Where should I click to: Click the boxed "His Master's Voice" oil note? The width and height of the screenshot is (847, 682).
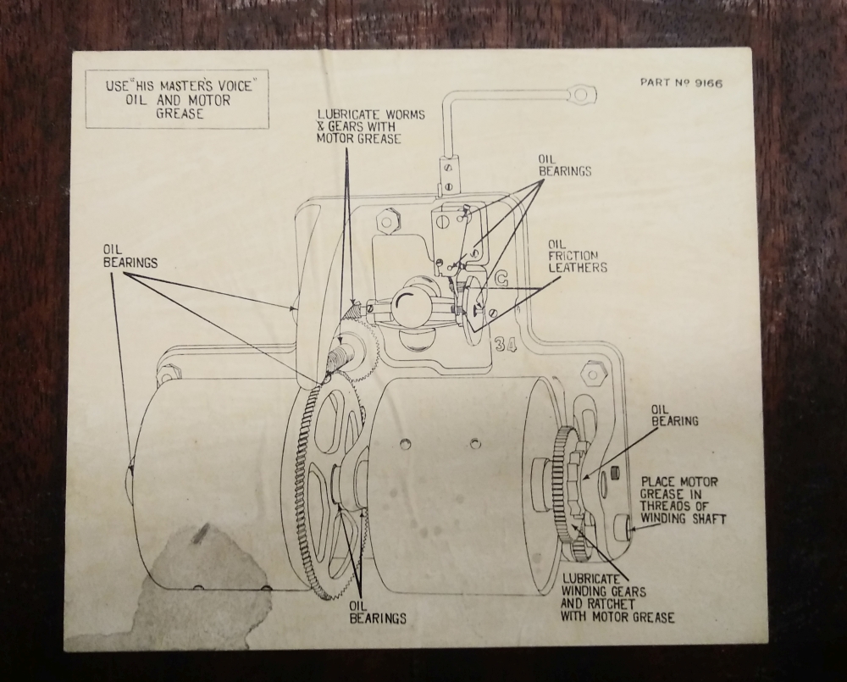point(177,99)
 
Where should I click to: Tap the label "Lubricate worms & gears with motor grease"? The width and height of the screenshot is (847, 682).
point(370,126)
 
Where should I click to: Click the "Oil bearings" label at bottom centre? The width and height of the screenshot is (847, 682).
point(377,611)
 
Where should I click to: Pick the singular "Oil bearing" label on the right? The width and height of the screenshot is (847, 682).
point(674,414)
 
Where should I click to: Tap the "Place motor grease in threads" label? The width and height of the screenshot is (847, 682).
point(683,500)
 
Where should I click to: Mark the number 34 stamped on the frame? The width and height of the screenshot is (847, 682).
point(505,343)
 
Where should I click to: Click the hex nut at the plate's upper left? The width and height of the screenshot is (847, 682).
point(386,221)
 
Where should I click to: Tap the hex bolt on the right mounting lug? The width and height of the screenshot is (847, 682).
point(592,371)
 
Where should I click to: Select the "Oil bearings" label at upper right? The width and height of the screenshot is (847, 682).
point(564,164)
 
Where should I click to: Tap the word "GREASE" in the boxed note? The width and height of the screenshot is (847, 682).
point(179,114)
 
